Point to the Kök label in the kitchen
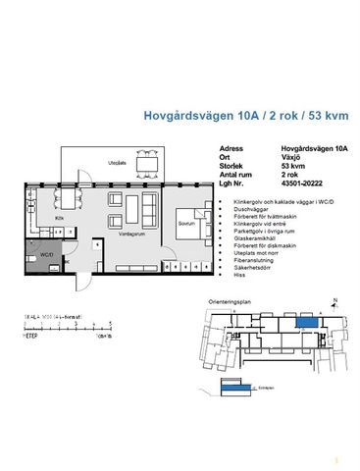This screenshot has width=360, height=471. (x=60, y=217)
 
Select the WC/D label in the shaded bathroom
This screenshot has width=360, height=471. (x=44, y=254)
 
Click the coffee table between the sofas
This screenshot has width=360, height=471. (x=113, y=212)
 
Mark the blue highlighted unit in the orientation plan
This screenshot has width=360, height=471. (x=306, y=322)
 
